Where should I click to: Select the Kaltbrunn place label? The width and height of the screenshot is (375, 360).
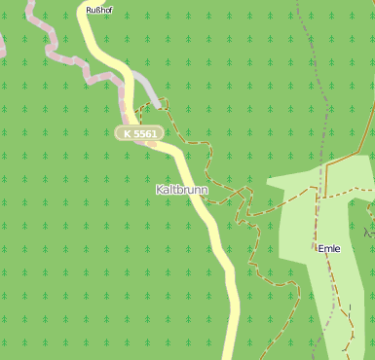point(181,190)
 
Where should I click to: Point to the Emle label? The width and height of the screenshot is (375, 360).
point(329,248)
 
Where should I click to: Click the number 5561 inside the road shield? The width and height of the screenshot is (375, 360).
point(145,132)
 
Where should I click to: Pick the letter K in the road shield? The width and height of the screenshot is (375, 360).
point(128,132)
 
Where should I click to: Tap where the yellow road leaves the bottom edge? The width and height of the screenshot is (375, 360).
point(231,355)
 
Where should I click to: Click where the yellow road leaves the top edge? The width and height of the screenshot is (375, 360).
point(86,3)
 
